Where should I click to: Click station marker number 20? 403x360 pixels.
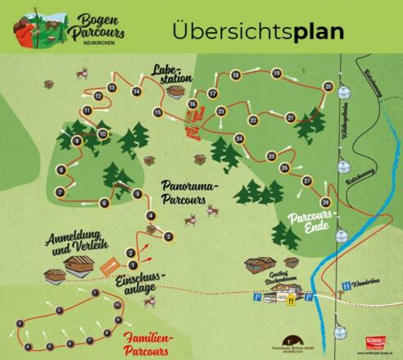(328, 86)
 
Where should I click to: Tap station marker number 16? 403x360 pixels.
(192, 104)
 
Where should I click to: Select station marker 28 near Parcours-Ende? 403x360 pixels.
(325, 201)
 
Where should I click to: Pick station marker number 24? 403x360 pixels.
(239, 138)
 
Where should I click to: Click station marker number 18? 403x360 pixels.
(236, 75)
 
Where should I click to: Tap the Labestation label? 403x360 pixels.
(170, 75)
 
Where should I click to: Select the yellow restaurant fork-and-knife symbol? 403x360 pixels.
(289, 299)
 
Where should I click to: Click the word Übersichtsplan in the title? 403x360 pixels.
(258, 30)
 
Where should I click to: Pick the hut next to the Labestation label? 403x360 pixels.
(174, 93)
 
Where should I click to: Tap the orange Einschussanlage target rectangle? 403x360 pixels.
(108, 266)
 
